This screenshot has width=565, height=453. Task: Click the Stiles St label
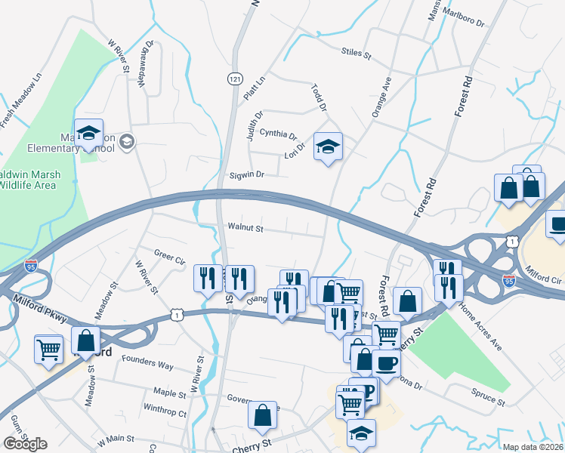coord(357,54)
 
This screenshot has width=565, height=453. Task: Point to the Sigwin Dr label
coord(247,174)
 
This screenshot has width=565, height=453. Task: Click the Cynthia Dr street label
coord(278,134)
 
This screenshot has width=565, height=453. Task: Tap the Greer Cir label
coord(169,257)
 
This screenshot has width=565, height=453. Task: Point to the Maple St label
coord(169,393)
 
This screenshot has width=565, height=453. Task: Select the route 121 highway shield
coord(234,79)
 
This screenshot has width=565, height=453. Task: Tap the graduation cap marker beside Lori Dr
coord(328,147)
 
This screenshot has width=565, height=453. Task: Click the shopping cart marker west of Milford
coord(49,350)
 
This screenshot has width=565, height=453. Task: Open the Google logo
coord(25,443)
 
